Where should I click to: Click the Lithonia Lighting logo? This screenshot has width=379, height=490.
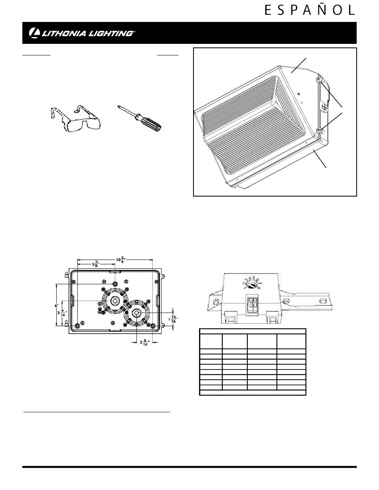click(82, 33)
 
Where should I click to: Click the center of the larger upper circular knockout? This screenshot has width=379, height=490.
click(115, 300)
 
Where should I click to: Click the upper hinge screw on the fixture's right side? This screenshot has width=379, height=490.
click(319, 79)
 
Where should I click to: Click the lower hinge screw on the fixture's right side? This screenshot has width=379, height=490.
click(319, 130)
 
